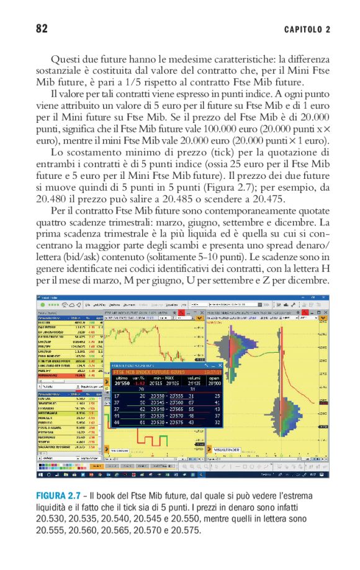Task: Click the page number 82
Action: [42, 29]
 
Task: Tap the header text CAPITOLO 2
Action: [307, 29]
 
